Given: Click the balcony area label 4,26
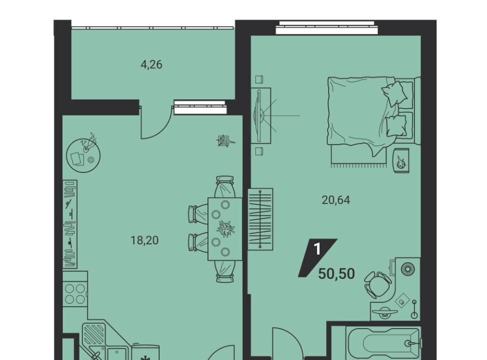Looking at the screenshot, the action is [x=152, y=65].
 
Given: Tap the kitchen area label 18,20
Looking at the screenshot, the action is [x=145, y=240].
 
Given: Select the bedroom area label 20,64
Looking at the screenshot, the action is [x=336, y=200].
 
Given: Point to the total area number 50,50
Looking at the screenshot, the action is [x=337, y=274].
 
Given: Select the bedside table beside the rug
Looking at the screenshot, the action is [x=401, y=160].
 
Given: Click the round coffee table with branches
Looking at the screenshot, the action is [x=83, y=155].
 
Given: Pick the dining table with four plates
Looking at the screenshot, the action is [x=225, y=229].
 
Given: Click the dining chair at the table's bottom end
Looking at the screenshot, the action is [x=225, y=272].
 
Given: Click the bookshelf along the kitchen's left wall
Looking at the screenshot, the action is [x=70, y=224].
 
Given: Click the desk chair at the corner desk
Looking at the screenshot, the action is [x=377, y=284].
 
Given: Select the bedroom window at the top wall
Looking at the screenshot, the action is [x=327, y=27].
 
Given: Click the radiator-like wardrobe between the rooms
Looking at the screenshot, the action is [x=260, y=219].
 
